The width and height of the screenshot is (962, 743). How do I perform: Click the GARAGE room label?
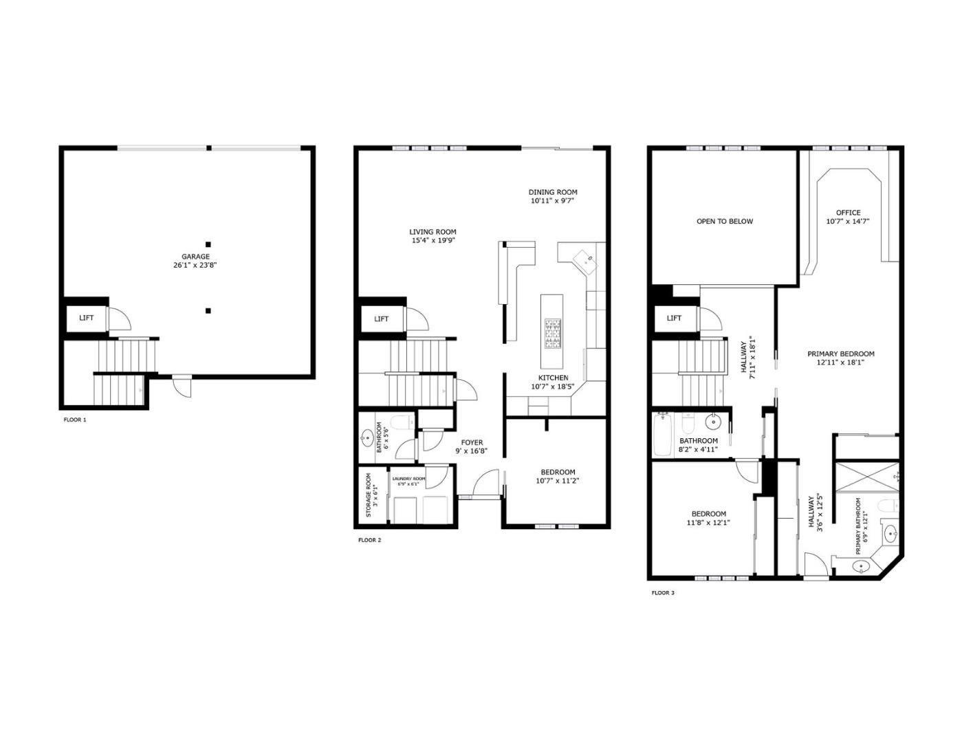(x=195, y=257)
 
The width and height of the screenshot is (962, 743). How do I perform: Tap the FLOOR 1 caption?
(x=75, y=420)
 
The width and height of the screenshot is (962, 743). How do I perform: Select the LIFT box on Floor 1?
(x=86, y=318)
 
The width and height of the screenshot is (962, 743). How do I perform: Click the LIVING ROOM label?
(x=433, y=232)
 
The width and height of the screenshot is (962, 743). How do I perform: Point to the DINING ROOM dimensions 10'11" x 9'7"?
(x=552, y=201)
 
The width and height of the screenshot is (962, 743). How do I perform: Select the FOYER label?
(x=472, y=442)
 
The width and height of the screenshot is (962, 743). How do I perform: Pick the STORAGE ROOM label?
(x=369, y=495)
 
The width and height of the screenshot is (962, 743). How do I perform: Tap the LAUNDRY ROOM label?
(x=408, y=479)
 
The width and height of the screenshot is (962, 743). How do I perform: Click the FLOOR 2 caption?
(x=369, y=540)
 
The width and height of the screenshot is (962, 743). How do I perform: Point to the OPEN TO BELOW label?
(x=725, y=222)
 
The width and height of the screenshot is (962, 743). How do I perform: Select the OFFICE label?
(x=848, y=213)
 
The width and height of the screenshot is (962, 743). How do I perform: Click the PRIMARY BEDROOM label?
(x=840, y=354)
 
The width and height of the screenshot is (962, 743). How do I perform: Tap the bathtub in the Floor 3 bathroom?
(x=663, y=435)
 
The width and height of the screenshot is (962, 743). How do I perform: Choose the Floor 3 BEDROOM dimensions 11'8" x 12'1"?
(x=708, y=523)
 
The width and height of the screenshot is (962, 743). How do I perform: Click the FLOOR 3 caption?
(x=663, y=592)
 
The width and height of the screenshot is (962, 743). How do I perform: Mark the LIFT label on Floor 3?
(x=674, y=318)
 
